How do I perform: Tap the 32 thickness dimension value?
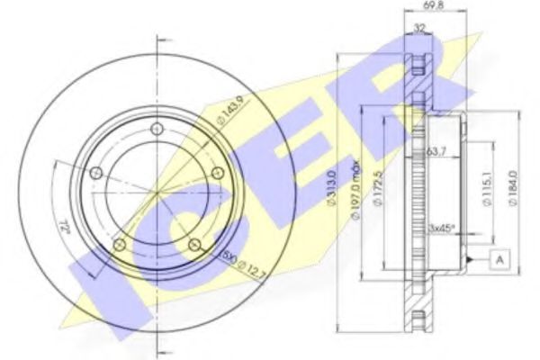(418, 29)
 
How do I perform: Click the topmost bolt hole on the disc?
(157, 128)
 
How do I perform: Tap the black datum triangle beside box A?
(470, 260)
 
